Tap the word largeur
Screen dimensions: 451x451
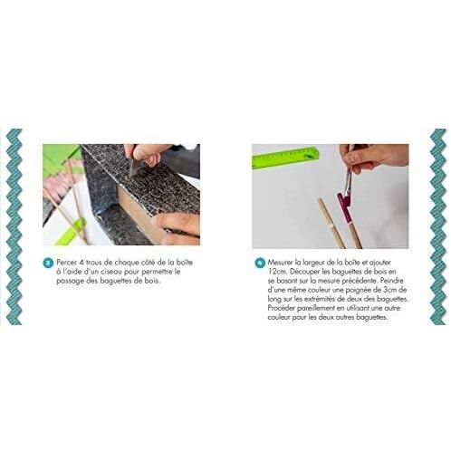313,263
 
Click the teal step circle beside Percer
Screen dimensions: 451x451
48,263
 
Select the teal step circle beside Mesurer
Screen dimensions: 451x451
260,263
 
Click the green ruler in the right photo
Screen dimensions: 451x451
286,157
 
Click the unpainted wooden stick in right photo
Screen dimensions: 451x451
331,223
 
